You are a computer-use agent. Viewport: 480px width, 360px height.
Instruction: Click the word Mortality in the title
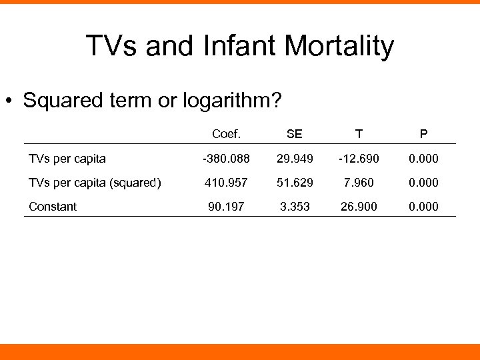(x=339, y=47)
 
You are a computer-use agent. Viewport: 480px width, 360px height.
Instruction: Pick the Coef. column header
(x=227, y=134)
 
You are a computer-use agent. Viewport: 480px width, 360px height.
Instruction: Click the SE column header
(x=294, y=134)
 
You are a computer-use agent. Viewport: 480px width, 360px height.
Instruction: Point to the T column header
(x=359, y=134)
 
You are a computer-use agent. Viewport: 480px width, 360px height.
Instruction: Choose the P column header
(x=424, y=134)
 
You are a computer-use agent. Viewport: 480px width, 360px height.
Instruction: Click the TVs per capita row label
(x=67, y=159)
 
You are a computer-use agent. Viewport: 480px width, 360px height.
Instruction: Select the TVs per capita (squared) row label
(x=95, y=183)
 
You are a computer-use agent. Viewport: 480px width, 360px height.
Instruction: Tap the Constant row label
(x=53, y=207)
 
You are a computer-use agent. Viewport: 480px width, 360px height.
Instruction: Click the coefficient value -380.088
(x=226, y=159)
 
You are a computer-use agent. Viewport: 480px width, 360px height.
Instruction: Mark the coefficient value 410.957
(x=227, y=183)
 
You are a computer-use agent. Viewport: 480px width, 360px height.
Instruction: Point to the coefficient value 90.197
(x=227, y=207)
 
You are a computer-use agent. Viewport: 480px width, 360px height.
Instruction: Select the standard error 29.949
(x=294, y=159)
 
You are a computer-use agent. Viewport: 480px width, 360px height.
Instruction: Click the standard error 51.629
(x=294, y=183)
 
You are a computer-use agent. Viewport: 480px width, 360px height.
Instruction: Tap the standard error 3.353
(x=294, y=207)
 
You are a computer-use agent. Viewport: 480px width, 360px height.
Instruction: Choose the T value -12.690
(x=359, y=159)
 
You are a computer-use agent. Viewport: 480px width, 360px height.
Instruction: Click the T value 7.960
(x=359, y=183)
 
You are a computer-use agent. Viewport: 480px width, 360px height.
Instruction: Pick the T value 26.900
(x=359, y=207)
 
